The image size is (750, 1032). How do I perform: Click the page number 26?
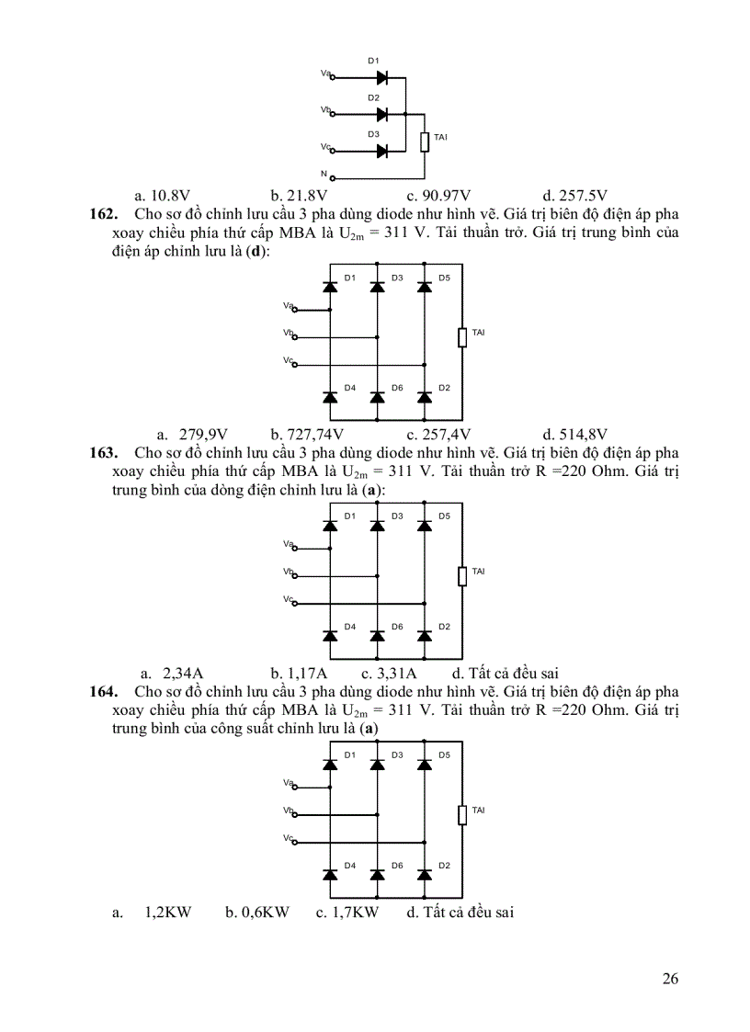pos(670,979)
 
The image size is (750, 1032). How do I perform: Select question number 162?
pos(103,213)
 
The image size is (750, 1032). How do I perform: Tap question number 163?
pos(103,452)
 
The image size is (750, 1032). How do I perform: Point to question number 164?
pos(103,691)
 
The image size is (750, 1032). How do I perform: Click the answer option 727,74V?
pos(307,434)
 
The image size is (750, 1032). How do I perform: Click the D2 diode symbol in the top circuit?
pos(381,115)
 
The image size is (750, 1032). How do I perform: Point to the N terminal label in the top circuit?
pos(324,173)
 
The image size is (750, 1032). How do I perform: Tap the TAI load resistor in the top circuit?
pos(425,142)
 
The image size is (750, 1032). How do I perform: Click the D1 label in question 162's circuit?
pos(350,278)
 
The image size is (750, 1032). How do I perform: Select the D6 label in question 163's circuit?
pos(397,627)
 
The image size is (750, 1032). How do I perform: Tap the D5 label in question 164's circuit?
pos(444,755)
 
